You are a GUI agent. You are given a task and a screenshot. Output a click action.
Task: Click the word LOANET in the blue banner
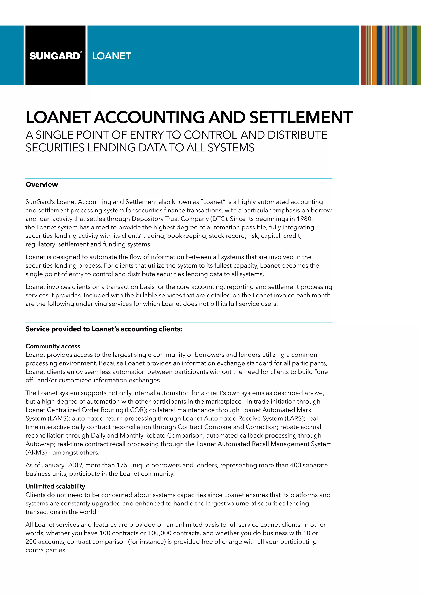click(x=111, y=56)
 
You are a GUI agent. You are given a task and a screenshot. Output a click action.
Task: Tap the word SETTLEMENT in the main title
click(x=301, y=117)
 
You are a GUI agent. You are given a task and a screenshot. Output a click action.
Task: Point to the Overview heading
click(x=42, y=185)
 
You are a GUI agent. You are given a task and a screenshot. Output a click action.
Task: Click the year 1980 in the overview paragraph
click(x=304, y=219)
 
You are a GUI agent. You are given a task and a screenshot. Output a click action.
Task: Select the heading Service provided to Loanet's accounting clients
click(x=104, y=329)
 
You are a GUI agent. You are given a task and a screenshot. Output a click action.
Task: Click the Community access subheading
click(x=53, y=346)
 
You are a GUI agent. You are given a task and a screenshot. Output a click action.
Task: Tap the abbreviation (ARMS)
click(x=36, y=452)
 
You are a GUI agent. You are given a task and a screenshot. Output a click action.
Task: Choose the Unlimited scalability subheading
click(x=55, y=487)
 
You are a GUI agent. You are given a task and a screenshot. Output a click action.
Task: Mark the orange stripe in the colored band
click(x=374, y=55)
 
